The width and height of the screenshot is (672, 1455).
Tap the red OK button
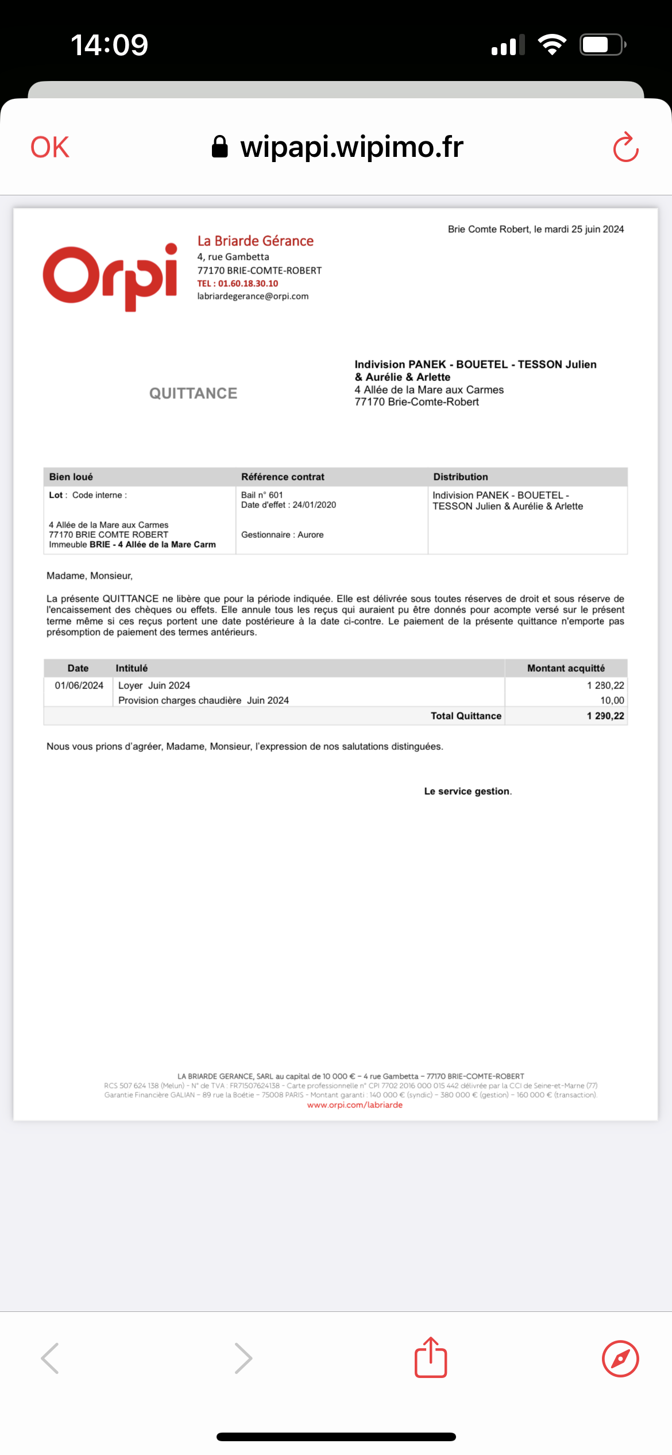50,147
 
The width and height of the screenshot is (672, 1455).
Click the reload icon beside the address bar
625,148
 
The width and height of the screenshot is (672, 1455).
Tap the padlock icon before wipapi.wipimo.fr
219,147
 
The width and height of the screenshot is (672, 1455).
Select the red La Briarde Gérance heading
256,241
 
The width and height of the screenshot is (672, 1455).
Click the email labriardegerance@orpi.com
253,296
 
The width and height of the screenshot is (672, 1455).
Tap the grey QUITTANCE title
193,393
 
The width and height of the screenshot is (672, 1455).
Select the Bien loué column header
71,477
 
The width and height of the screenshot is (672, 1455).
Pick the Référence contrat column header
283,477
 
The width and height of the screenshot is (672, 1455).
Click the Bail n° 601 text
262,495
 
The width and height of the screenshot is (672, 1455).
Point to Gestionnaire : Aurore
282,534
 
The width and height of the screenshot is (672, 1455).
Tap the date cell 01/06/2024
79,686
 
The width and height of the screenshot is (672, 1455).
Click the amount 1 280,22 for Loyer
605,686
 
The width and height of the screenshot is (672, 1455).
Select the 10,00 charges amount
612,700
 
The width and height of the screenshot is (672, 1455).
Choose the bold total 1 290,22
605,716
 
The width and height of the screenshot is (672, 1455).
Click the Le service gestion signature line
467,791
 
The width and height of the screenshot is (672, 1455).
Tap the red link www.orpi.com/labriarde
354,1105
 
